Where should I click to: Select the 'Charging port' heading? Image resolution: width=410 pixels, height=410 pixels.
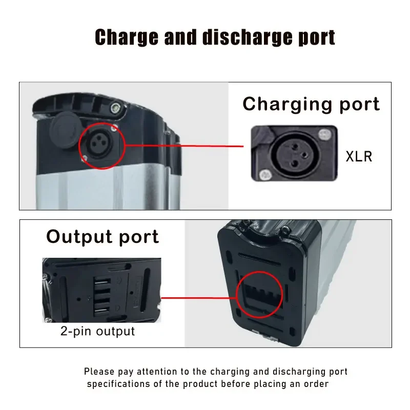coord(311,104)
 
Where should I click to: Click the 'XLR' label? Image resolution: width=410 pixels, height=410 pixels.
coord(359,156)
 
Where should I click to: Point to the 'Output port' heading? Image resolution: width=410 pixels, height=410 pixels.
coord(102,237)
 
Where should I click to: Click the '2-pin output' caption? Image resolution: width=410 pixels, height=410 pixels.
coord(97,331)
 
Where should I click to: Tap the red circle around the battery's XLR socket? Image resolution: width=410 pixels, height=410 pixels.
coord(101,146)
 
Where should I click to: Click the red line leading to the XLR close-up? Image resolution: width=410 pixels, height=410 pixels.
coord(184,146)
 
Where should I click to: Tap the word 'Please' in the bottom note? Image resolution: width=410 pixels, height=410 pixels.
coord(99,372)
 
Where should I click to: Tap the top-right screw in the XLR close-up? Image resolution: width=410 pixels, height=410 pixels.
coord(323,135)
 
